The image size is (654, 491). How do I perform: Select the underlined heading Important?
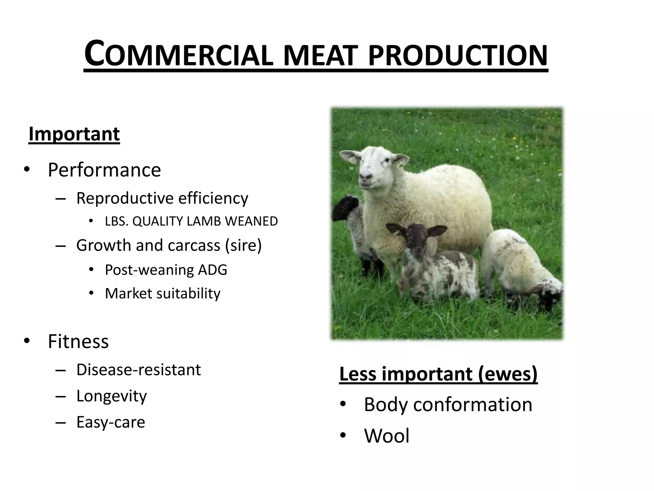click(74, 134)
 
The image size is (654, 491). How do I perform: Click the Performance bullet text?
click(104, 170)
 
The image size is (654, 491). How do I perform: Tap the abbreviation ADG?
click(212, 270)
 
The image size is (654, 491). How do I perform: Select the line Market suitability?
click(163, 293)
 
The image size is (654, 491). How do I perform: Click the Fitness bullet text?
click(78, 341)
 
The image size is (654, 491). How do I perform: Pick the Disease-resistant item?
click(139, 370)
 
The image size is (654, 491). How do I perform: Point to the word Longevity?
click(111, 396)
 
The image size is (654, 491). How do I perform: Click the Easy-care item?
click(110, 422)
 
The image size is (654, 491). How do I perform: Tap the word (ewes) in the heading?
click(508, 374)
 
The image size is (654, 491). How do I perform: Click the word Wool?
click(387, 436)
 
